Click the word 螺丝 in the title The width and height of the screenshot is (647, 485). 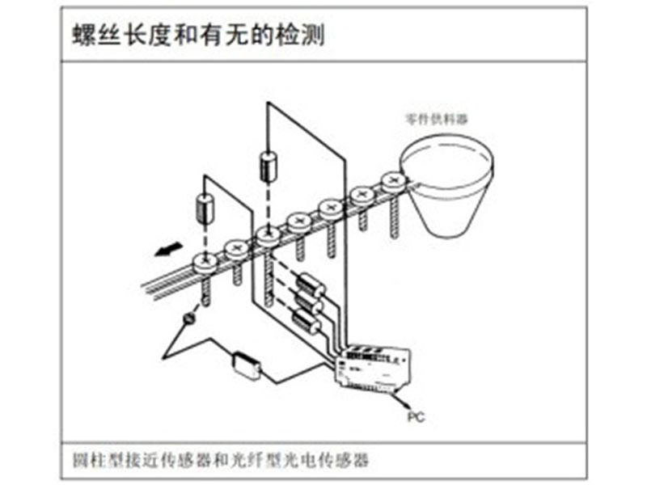pos(96,35)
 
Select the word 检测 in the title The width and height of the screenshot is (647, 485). pos(299,35)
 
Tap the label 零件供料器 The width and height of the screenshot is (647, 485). pos(437,119)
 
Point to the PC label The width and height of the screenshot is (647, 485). pos(416,417)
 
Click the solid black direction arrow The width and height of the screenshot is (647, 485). pos(168,249)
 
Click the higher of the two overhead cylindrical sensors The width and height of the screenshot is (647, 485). pos(269,166)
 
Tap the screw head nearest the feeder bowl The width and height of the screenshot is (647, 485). pos(394,181)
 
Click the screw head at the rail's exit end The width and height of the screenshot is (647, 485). pos(205,262)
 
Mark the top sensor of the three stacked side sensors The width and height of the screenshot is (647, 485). pos(311,285)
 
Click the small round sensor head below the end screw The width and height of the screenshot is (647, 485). pos(189,318)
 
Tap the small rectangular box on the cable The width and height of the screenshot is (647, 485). pos(247,365)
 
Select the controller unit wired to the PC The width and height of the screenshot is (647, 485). pos(372,367)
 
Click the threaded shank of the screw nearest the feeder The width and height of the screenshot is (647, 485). pos(394,214)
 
